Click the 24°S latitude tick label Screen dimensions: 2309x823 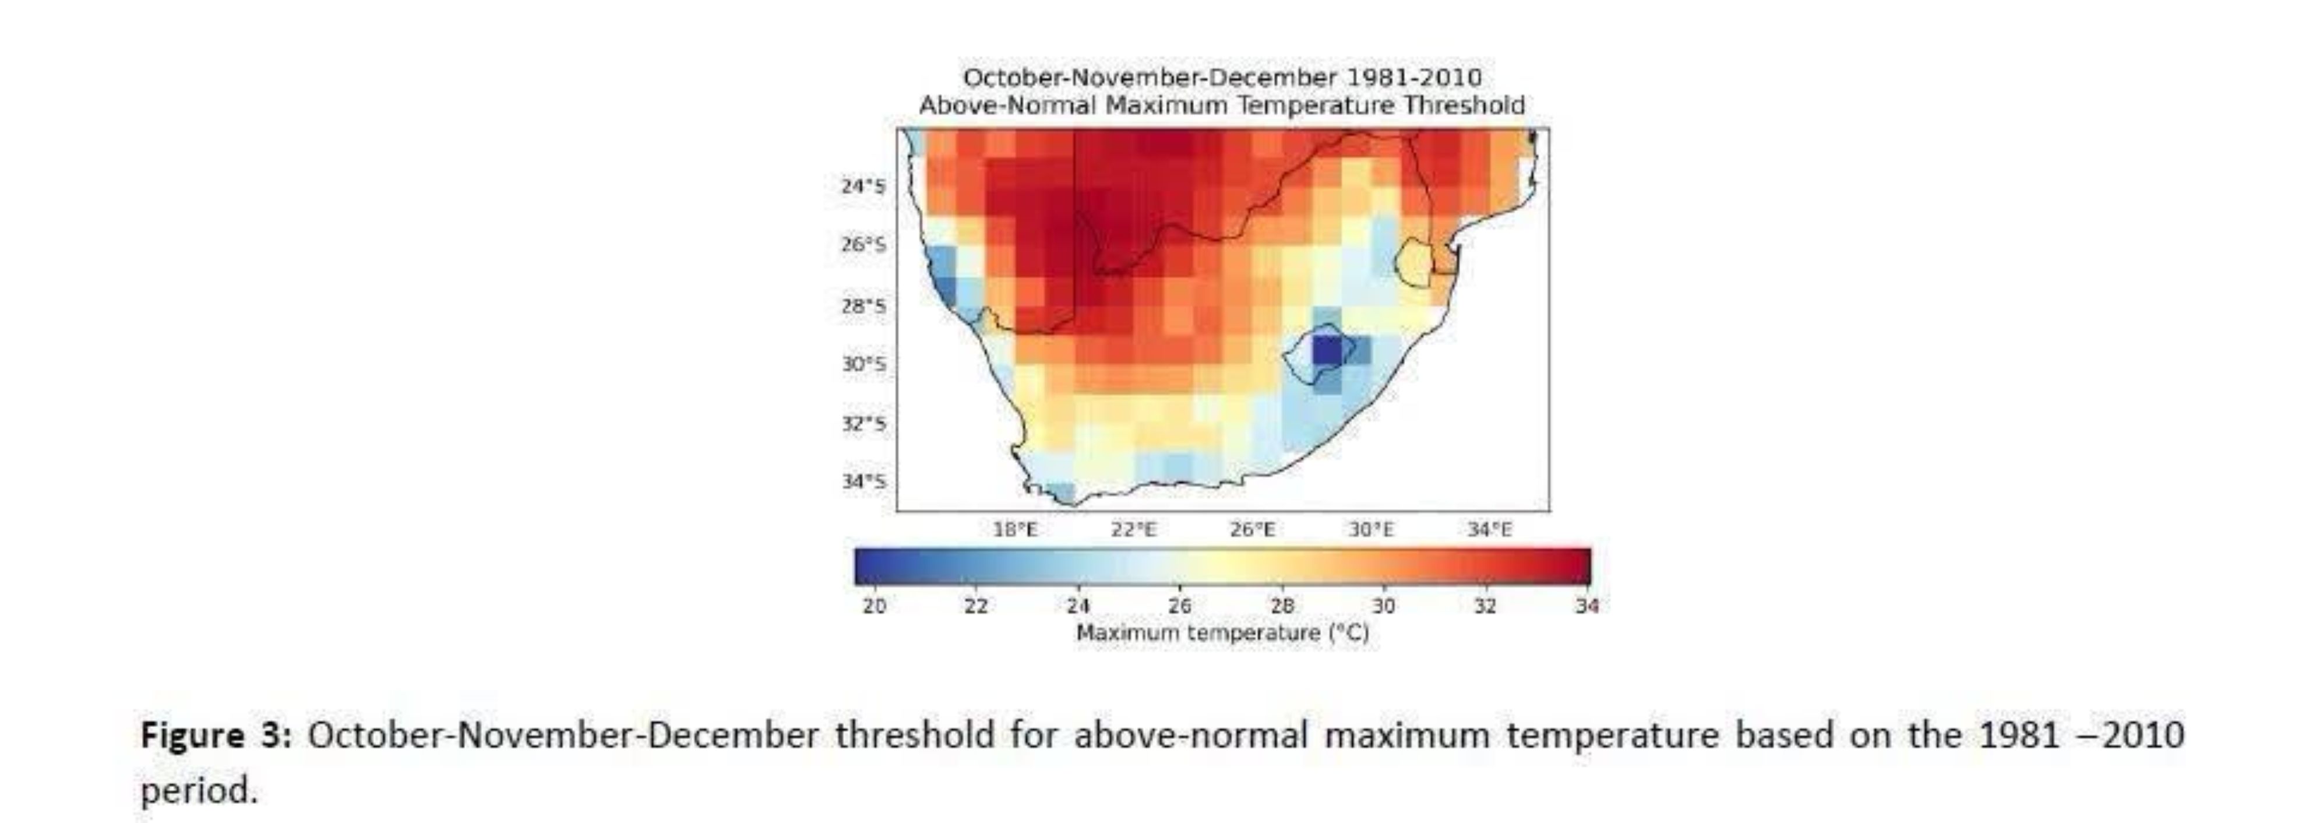[862, 187]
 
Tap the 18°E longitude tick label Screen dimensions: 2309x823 [1015, 530]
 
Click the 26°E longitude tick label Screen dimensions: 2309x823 [1252, 530]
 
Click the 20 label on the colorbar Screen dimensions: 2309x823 [874, 606]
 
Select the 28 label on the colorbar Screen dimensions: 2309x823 [1282, 606]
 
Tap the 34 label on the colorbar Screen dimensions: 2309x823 [1587, 606]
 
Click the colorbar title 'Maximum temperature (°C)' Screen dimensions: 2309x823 [1222, 633]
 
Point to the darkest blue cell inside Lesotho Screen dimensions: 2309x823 [1327, 350]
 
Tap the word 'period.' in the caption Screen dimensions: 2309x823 [199, 792]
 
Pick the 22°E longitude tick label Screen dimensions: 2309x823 [1134, 530]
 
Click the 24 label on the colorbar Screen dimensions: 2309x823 [1078, 606]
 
